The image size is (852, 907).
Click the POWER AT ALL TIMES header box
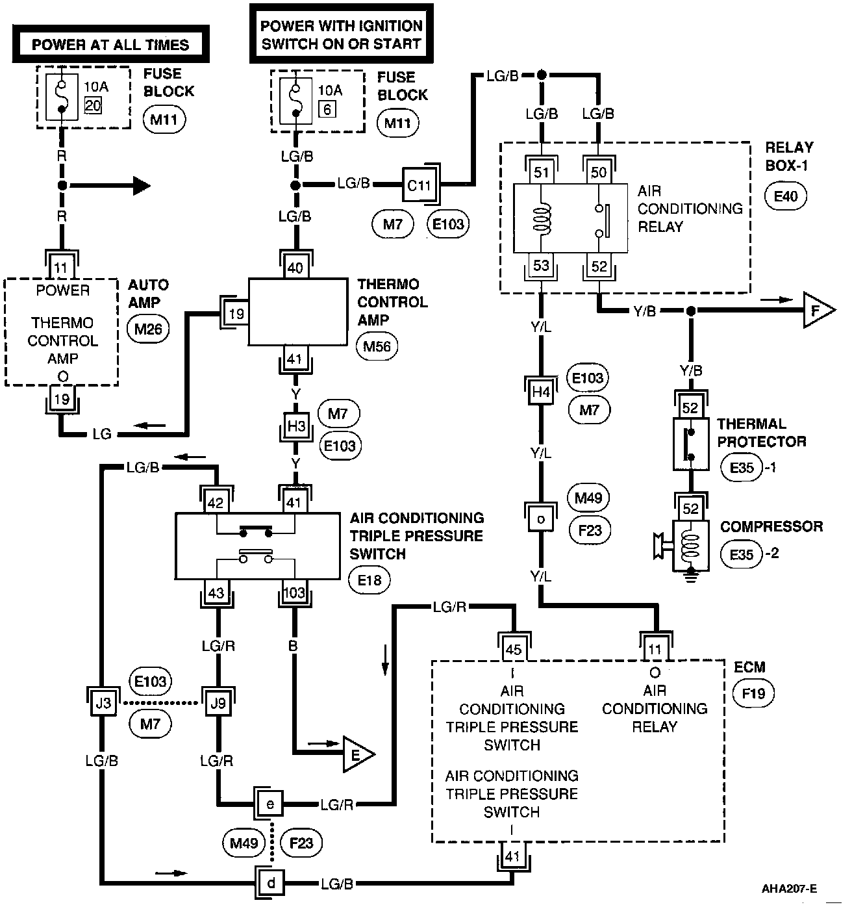tap(110, 45)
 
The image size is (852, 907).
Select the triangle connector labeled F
tap(816, 311)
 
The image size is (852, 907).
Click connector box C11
tap(419, 185)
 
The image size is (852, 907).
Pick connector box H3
tap(296, 426)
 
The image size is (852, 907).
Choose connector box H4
tap(541, 391)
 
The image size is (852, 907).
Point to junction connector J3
tap(102, 702)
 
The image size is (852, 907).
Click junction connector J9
tap(217, 702)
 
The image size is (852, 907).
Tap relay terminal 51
tap(542, 172)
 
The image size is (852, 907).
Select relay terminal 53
tap(541, 266)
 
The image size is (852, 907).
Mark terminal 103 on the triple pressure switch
tap(295, 593)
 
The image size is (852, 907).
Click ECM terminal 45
tap(513, 649)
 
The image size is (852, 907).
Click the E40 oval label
tap(785, 195)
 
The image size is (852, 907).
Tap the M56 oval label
tap(377, 346)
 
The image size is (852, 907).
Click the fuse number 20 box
tap(93, 105)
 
